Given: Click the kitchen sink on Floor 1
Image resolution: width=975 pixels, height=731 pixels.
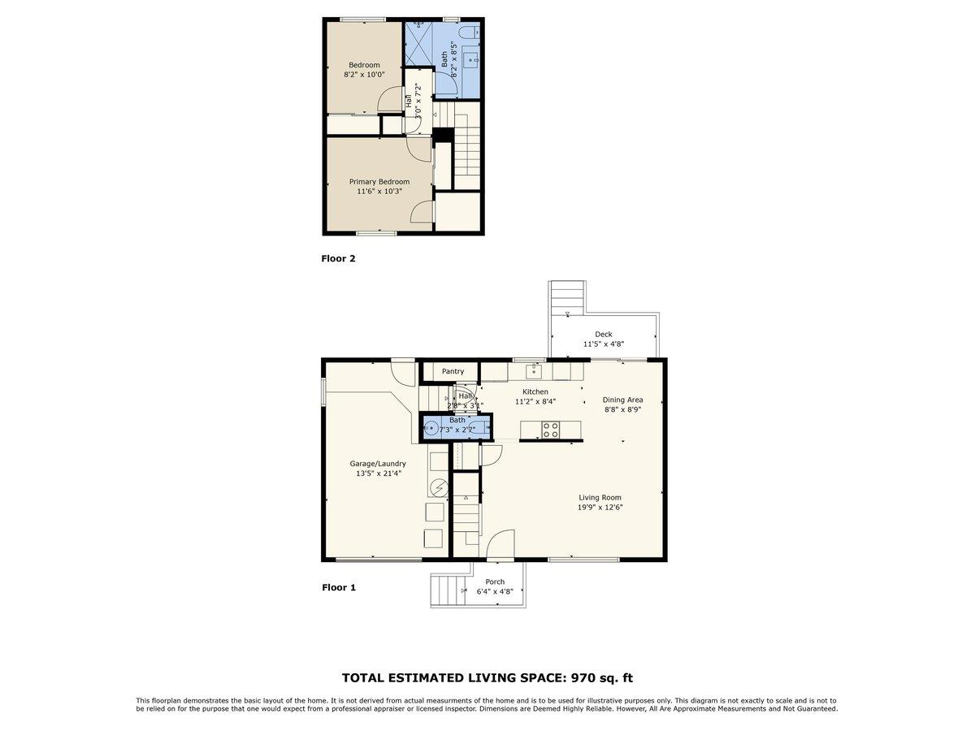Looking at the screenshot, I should (x=534, y=372).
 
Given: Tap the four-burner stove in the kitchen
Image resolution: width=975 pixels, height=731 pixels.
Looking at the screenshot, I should (x=551, y=429).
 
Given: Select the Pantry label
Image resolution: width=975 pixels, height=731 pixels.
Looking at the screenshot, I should (x=453, y=371).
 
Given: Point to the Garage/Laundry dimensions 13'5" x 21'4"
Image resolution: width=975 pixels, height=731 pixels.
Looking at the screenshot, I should (x=377, y=473).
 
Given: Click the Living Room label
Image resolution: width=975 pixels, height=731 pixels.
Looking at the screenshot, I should (x=600, y=497).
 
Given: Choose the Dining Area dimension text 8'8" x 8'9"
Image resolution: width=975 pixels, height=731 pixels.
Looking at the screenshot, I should (x=622, y=410).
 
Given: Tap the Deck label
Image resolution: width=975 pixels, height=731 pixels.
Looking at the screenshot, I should (x=603, y=334).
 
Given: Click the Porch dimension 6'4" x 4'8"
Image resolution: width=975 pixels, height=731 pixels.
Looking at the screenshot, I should (x=495, y=592).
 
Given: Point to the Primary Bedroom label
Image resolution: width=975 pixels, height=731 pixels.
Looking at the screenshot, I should (x=379, y=182).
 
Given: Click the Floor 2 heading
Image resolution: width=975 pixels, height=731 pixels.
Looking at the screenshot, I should (x=339, y=259).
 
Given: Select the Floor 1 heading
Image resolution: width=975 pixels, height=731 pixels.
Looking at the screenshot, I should (x=339, y=587).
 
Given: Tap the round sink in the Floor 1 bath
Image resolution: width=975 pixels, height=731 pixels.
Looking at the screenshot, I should (x=432, y=428).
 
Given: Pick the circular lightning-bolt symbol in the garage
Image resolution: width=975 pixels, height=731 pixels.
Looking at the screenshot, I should (x=439, y=487).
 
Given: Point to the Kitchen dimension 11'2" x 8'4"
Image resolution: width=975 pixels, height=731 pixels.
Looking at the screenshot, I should (x=535, y=401).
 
